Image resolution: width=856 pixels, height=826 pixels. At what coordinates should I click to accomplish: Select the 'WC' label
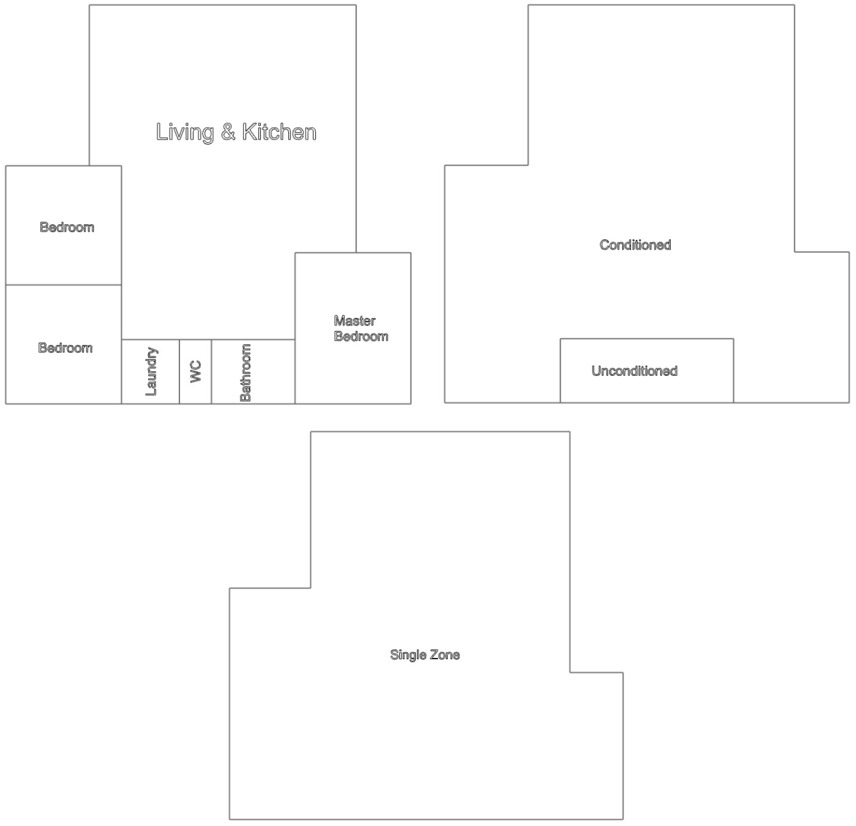point(196,371)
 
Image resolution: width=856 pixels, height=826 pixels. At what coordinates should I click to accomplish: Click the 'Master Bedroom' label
point(361,328)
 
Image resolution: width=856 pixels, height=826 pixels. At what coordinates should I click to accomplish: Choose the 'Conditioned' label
point(635,245)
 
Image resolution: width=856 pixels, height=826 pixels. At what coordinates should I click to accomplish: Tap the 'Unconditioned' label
point(634,371)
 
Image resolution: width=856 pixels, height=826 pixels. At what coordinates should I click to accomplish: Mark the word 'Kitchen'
point(279,132)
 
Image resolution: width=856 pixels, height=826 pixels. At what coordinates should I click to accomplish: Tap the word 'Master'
point(355,321)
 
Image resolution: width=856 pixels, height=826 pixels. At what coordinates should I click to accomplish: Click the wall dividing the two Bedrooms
point(63,285)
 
